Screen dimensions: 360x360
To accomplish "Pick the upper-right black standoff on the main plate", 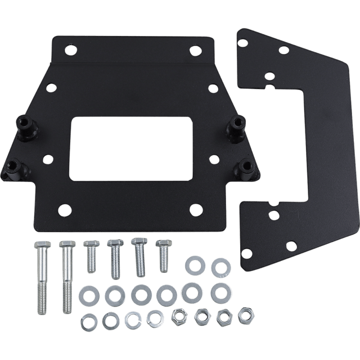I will pyautogui.click(x=236, y=122).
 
